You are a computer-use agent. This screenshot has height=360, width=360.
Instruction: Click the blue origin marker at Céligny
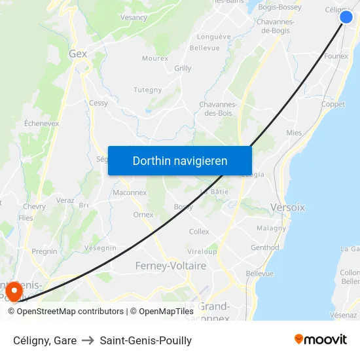tap(346, 17)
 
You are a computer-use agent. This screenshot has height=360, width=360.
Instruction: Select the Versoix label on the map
tap(287, 207)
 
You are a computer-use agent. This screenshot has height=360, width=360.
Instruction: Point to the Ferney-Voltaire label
tap(170, 266)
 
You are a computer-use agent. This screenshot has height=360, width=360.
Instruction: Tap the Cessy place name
tap(99, 103)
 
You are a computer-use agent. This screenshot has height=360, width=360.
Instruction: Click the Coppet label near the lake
tap(333, 104)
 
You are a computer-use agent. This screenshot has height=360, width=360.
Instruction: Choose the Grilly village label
tap(183, 68)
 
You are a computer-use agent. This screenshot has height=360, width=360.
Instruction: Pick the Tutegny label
tap(147, 90)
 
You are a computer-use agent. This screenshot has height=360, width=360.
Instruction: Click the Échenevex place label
tap(41, 122)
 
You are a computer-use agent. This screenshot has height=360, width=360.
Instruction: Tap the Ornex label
tap(143, 215)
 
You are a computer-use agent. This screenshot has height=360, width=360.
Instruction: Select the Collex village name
tap(199, 232)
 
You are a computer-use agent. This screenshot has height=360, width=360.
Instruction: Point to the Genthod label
tap(264, 247)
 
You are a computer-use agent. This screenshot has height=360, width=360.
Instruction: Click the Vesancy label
tap(134, 18)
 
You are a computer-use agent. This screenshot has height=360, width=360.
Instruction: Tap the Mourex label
tap(155, 58)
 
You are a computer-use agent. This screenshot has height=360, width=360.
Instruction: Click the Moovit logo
tap(320, 340)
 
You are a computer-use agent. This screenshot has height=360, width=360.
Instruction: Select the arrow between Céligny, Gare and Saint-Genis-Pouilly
tap(88, 340)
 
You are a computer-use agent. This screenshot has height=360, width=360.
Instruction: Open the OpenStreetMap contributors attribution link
tap(69, 312)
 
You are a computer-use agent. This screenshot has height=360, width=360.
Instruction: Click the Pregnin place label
tap(45, 251)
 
